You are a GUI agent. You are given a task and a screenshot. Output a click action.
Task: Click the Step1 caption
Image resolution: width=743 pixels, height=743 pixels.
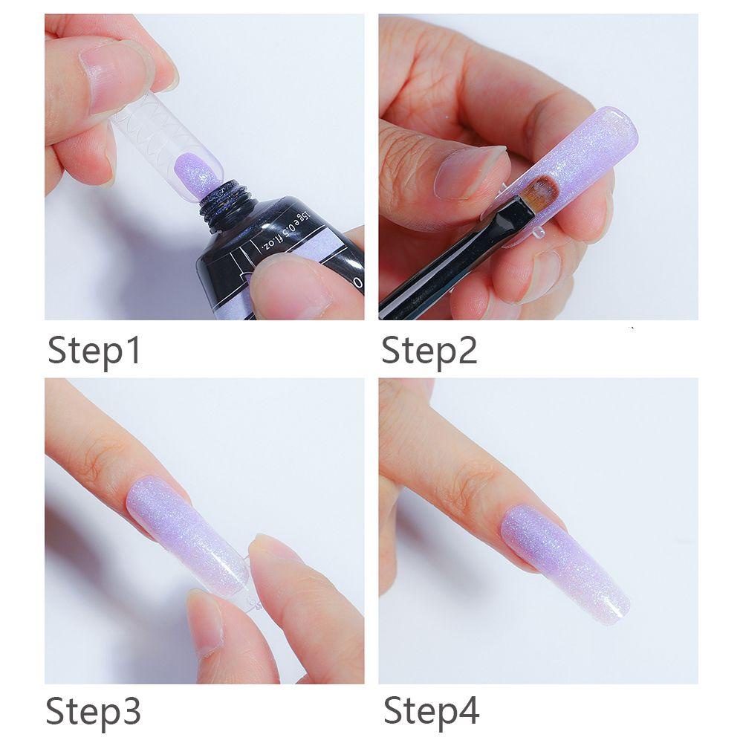point(94,351)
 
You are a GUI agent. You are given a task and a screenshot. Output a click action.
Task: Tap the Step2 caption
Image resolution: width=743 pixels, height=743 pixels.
point(429,351)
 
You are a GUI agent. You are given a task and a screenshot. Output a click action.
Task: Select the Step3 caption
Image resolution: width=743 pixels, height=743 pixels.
point(94,711)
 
